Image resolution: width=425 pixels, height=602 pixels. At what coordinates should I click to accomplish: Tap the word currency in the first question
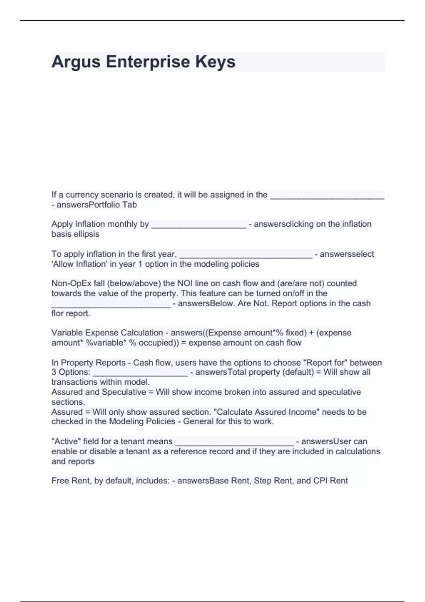pos(82,195)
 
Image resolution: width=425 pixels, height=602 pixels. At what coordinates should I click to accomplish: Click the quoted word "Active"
pos(66,442)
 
